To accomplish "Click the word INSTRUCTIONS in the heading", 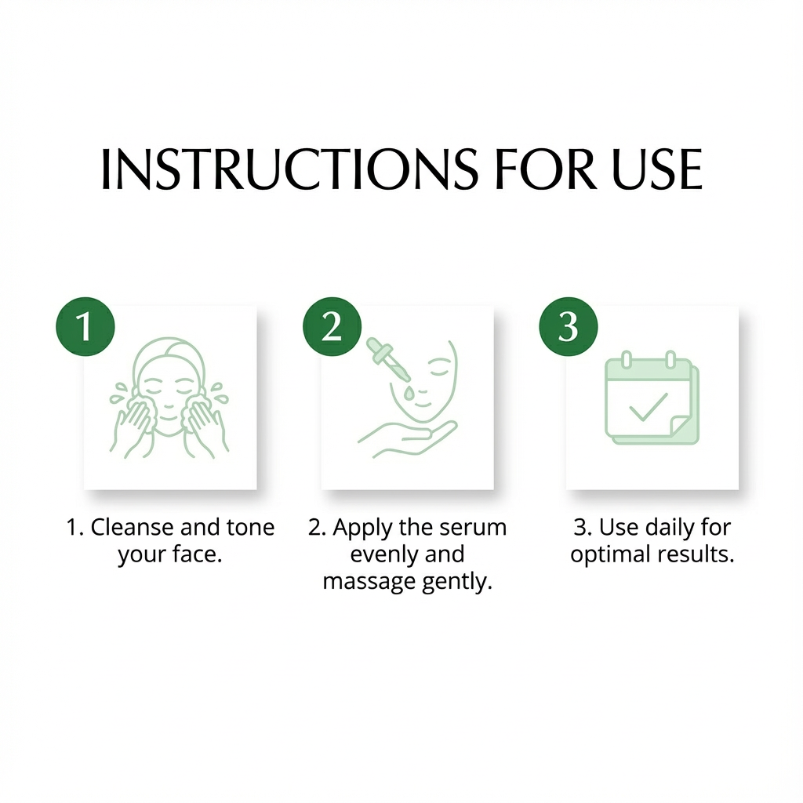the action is [289, 169].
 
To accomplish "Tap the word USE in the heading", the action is [657, 169].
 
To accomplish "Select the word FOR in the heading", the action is [546, 169].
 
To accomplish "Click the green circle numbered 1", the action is [85, 326].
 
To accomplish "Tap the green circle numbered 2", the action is [332, 326].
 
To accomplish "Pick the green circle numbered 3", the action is [569, 326].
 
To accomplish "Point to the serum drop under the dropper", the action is [408, 394].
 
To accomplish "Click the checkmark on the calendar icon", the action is [649, 407].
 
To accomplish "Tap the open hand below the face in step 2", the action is [407, 438].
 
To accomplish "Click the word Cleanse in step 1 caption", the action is [132, 527].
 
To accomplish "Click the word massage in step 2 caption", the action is [362, 583].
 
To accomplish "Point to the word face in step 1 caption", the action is [197, 554].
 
